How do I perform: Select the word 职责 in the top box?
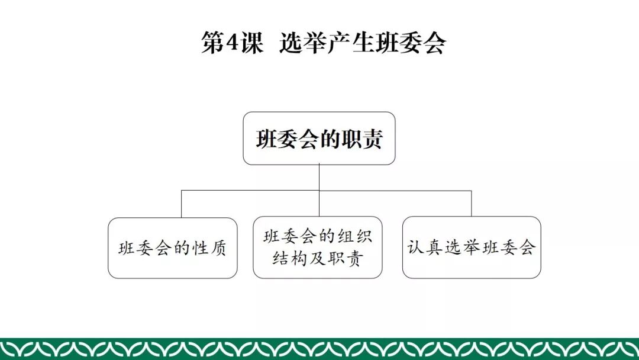(366, 139)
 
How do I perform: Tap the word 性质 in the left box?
(209, 248)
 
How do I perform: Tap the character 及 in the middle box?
(318, 259)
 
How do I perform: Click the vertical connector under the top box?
(319, 177)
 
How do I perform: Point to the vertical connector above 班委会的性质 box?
(182, 204)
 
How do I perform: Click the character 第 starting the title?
(211, 43)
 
